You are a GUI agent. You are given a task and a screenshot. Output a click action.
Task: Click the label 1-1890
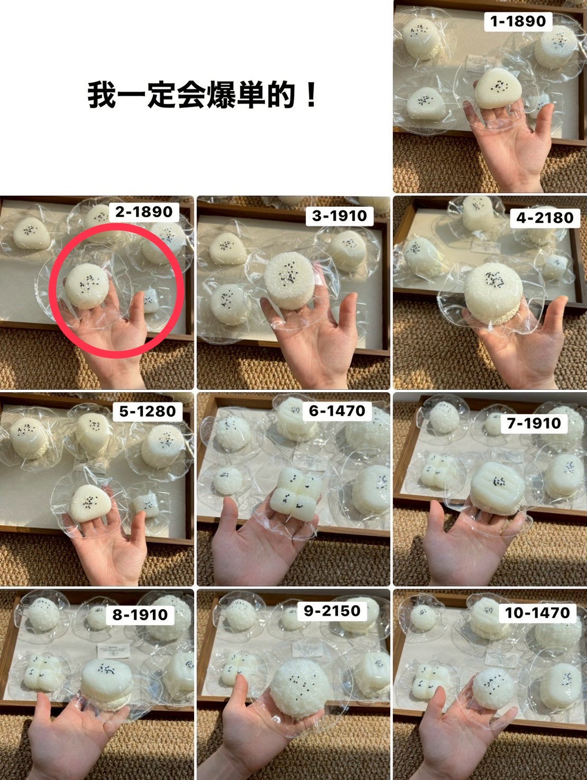tap(518, 22)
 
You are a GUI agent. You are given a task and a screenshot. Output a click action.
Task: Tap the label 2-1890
tap(143, 212)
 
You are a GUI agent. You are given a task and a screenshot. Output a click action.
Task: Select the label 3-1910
tap(339, 216)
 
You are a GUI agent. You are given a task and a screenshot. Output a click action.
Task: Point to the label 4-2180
tap(545, 217)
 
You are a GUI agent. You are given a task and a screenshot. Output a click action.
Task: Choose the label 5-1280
tap(148, 411)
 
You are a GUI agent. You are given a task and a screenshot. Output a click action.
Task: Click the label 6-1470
tap(337, 411)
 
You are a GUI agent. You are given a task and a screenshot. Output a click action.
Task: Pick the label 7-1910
tap(534, 423)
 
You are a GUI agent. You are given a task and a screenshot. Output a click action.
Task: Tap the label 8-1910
tap(140, 614)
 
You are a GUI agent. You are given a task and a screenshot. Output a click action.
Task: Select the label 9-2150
tap(332, 611)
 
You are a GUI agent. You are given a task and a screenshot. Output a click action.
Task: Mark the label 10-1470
tap(537, 612)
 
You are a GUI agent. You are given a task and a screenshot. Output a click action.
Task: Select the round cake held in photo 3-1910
tap(290, 281)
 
